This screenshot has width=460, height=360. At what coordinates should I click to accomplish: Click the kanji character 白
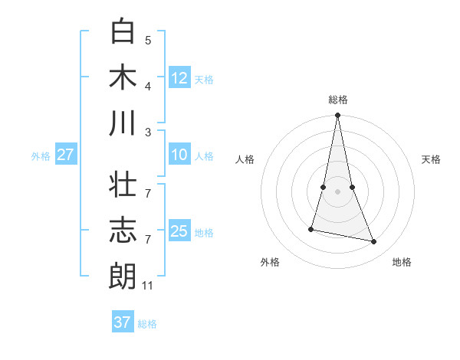tap(123, 31)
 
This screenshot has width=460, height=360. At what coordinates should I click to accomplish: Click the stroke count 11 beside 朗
tap(148, 286)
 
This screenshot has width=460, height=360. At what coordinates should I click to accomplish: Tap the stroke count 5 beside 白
tap(148, 40)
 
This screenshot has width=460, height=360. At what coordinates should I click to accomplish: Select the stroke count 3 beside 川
tap(148, 132)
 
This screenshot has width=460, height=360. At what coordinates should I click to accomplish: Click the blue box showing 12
tap(179, 77)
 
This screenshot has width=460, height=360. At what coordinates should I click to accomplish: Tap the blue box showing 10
tap(179, 155)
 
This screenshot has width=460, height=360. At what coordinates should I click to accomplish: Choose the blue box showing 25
tap(179, 231)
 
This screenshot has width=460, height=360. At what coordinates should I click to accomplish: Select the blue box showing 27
tap(65, 155)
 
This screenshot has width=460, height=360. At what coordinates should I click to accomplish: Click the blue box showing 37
tap(123, 322)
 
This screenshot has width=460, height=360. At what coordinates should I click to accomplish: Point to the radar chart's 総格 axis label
tap(338, 100)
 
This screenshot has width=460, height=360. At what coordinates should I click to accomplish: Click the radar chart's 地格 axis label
tap(402, 262)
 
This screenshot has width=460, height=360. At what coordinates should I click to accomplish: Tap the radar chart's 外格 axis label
tap(270, 262)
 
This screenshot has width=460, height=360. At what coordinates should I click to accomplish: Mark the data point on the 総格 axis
tap(337, 116)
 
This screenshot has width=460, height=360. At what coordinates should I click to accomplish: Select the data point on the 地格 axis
tap(374, 242)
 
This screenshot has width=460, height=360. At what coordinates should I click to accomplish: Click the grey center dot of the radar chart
tap(337, 191)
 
